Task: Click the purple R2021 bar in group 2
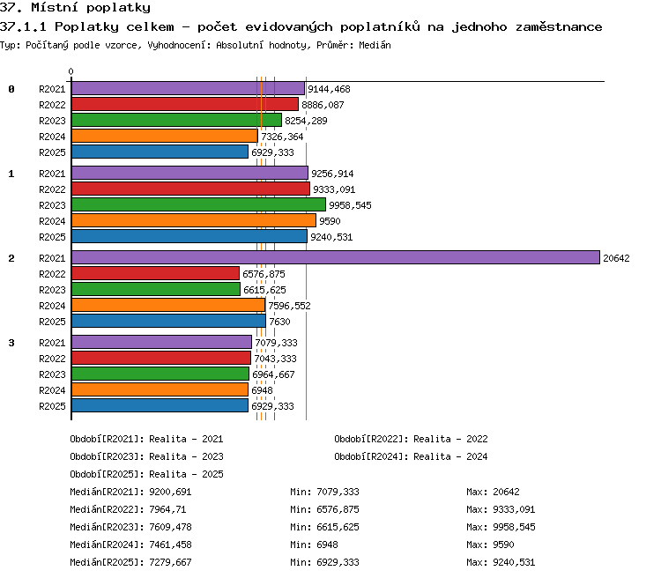coord(336,257)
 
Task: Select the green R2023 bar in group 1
coord(198,205)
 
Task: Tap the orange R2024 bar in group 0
coord(165,137)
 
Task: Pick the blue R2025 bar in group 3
coord(160,405)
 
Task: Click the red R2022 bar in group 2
coord(155,274)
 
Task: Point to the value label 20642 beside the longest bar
coord(616,258)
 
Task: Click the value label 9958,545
coord(350,205)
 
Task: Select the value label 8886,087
coord(323,105)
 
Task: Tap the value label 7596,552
coord(289,306)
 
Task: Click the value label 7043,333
coord(275,359)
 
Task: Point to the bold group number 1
coord(11,174)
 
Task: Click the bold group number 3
coord(11,343)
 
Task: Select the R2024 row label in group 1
coord(52,221)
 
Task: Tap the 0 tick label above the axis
coord(71,71)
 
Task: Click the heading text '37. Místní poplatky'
coord(75,8)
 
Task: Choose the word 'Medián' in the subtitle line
coord(375,45)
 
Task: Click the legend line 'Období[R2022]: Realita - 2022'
coord(411,439)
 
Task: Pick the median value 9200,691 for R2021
coord(170,492)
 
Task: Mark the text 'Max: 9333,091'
coord(501,509)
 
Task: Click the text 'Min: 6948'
coord(314,545)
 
